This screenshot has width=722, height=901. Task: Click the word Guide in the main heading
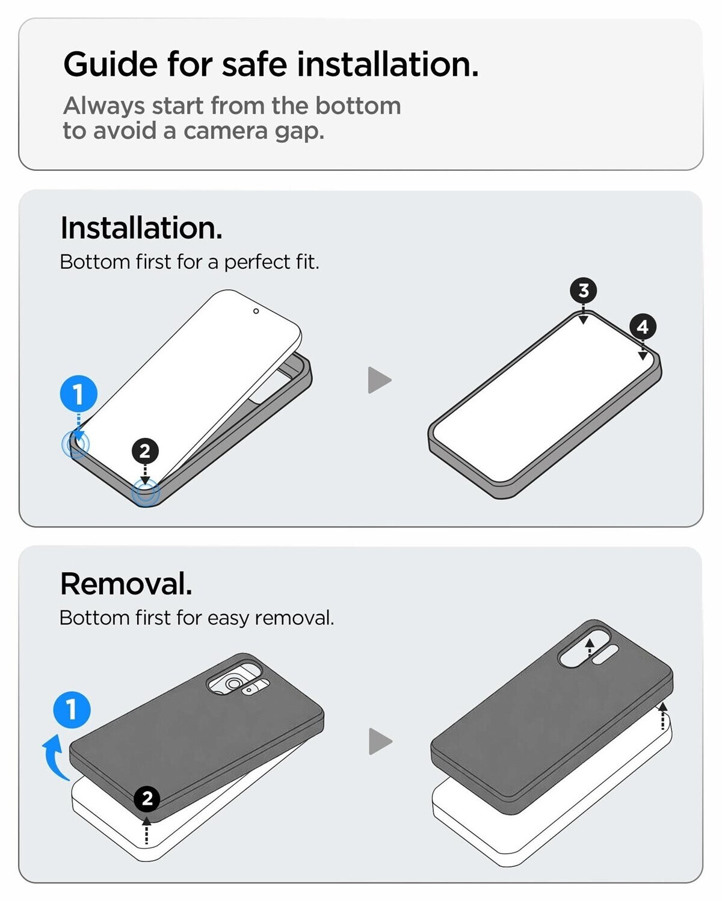coord(110,65)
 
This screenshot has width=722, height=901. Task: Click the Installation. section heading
coord(141,228)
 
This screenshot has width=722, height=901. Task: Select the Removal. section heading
coord(126,583)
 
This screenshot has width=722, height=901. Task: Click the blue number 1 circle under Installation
coord(79,394)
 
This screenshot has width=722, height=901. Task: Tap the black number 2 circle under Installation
coord(145,451)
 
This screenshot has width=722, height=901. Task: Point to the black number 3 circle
coord(584,290)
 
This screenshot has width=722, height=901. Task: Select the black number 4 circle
coord(643,327)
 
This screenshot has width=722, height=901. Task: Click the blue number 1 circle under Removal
coord(72,710)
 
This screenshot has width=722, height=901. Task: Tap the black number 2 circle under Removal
coord(147,799)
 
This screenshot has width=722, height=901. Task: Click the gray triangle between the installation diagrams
coord(379,380)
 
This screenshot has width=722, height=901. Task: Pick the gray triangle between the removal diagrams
coord(380,742)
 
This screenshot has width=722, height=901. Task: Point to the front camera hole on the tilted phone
coord(256,311)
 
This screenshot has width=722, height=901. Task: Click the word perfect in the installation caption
coord(257,262)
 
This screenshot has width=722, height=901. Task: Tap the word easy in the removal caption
coord(229,618)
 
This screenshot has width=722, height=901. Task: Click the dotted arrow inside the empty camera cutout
coord(590,648)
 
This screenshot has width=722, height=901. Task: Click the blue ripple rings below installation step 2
coord(146,493)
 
